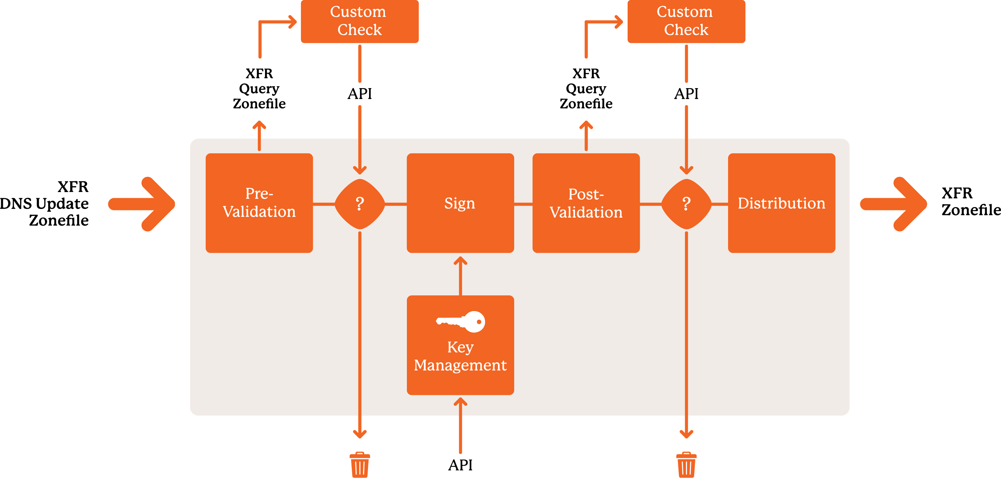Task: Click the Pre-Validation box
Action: click(259, 203)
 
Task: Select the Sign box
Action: click(460, 203)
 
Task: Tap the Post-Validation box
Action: click(586, 203)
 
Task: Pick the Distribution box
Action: click(781, 203)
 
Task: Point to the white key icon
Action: click(461, 322)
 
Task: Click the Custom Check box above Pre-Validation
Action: click(359, 21)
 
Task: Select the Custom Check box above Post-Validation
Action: click(686, 21)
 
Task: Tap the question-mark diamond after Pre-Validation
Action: click(360, 204)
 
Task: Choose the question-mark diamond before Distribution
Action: click(686, 204)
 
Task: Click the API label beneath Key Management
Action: click(460, 465)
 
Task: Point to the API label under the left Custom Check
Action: click(359, 94)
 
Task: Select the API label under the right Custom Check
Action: click(686, 94)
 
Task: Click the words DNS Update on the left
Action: click(44, 204)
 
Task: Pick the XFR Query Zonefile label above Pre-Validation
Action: click(259, 88)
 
